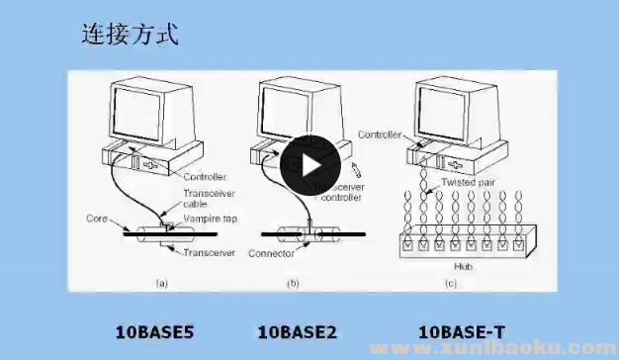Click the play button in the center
[x=309, y=166]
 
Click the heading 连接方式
[x=129, y=36]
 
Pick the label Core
[x=97, y=218]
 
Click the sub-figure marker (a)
[x=160, y=284]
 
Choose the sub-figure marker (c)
[x=451, y=284]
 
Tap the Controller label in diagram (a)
[x=206, y=177]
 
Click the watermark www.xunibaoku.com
[x=504, y=349]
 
